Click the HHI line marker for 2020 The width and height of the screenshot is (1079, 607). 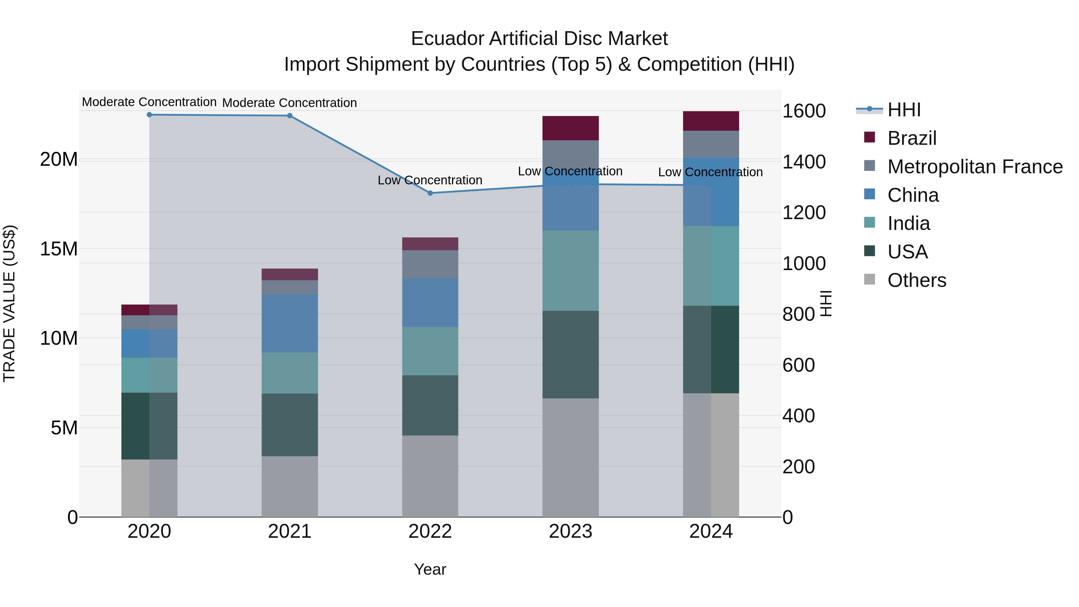149,115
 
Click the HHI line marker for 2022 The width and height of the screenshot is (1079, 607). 430,193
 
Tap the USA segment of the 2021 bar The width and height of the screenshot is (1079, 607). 290,424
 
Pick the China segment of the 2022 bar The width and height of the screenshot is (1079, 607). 430,302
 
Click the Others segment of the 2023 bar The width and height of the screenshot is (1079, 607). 570,457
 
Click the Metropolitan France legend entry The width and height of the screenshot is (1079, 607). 974,167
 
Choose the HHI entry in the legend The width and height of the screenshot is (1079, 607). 904,110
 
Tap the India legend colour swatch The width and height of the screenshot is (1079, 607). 869,222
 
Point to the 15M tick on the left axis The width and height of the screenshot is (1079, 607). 59,249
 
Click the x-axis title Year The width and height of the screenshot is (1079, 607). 430,569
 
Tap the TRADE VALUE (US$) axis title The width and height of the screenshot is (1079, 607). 9,303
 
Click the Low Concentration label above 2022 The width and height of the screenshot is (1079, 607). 430,180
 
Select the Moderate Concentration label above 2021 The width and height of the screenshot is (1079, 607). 290,103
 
